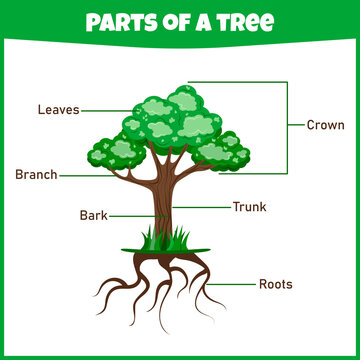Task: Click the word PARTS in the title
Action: click(x=117, y=22)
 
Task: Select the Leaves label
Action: click(x=58, y=109)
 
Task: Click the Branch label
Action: click(x=36, y=174)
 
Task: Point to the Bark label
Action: click(x=93, y=215)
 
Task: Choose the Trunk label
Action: click(x=249, y=207)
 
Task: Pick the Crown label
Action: click(x=326, y=125)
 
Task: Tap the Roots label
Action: click(x=275, y=284)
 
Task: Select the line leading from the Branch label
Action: click(x=85, y=174)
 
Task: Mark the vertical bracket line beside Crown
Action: click(x=288, y=125)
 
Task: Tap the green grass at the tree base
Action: click(x=161, y=240)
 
